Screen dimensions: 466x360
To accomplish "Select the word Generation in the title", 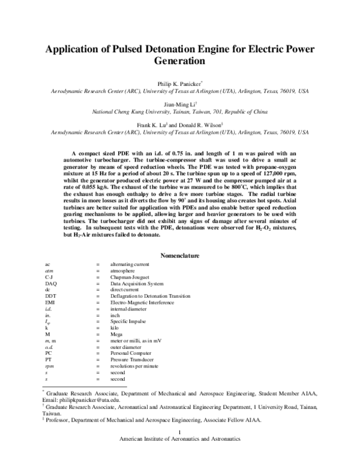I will click(x=180, y=61).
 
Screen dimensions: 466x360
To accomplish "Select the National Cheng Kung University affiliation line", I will click(x=179, y=112).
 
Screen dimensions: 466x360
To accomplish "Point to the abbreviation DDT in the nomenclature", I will click(x=51, y=297).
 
